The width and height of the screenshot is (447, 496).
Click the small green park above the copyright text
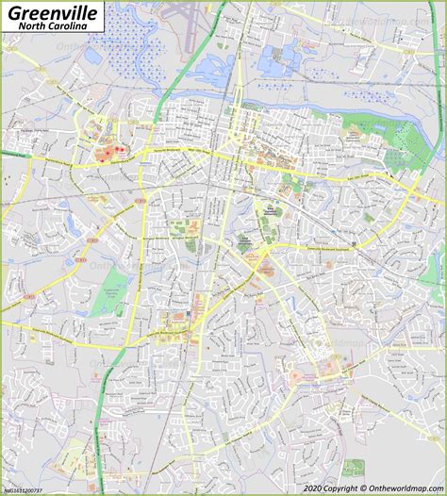354,467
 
